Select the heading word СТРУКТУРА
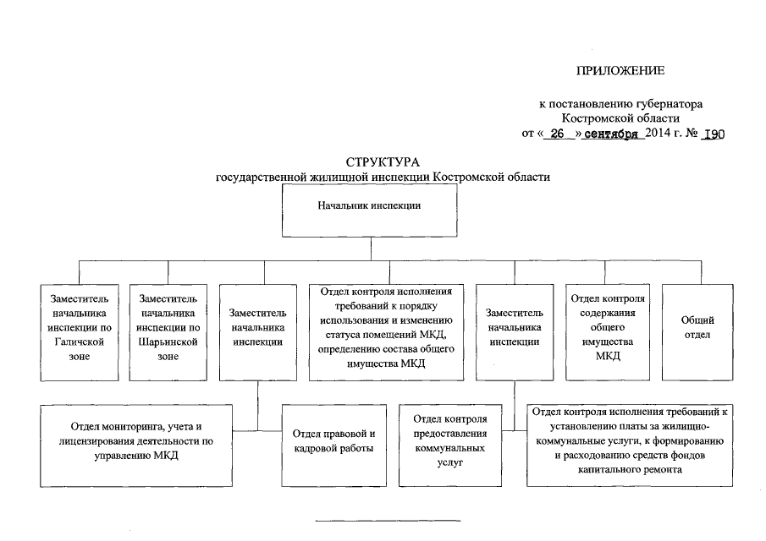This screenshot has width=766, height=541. point(383,162)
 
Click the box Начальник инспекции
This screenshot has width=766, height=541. point(370,205)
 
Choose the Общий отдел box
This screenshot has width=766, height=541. point(697,327)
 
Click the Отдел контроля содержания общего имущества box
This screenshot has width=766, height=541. point(608,327)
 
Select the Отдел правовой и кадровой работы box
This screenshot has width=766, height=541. point(333,440)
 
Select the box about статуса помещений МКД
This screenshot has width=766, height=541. point(386,327)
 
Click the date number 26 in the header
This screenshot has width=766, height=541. point(556,134)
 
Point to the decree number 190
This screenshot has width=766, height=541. point(714,134)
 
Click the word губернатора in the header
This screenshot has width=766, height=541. point(665,104)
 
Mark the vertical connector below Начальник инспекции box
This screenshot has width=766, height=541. point(370,249)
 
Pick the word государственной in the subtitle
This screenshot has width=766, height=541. point(262,178)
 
